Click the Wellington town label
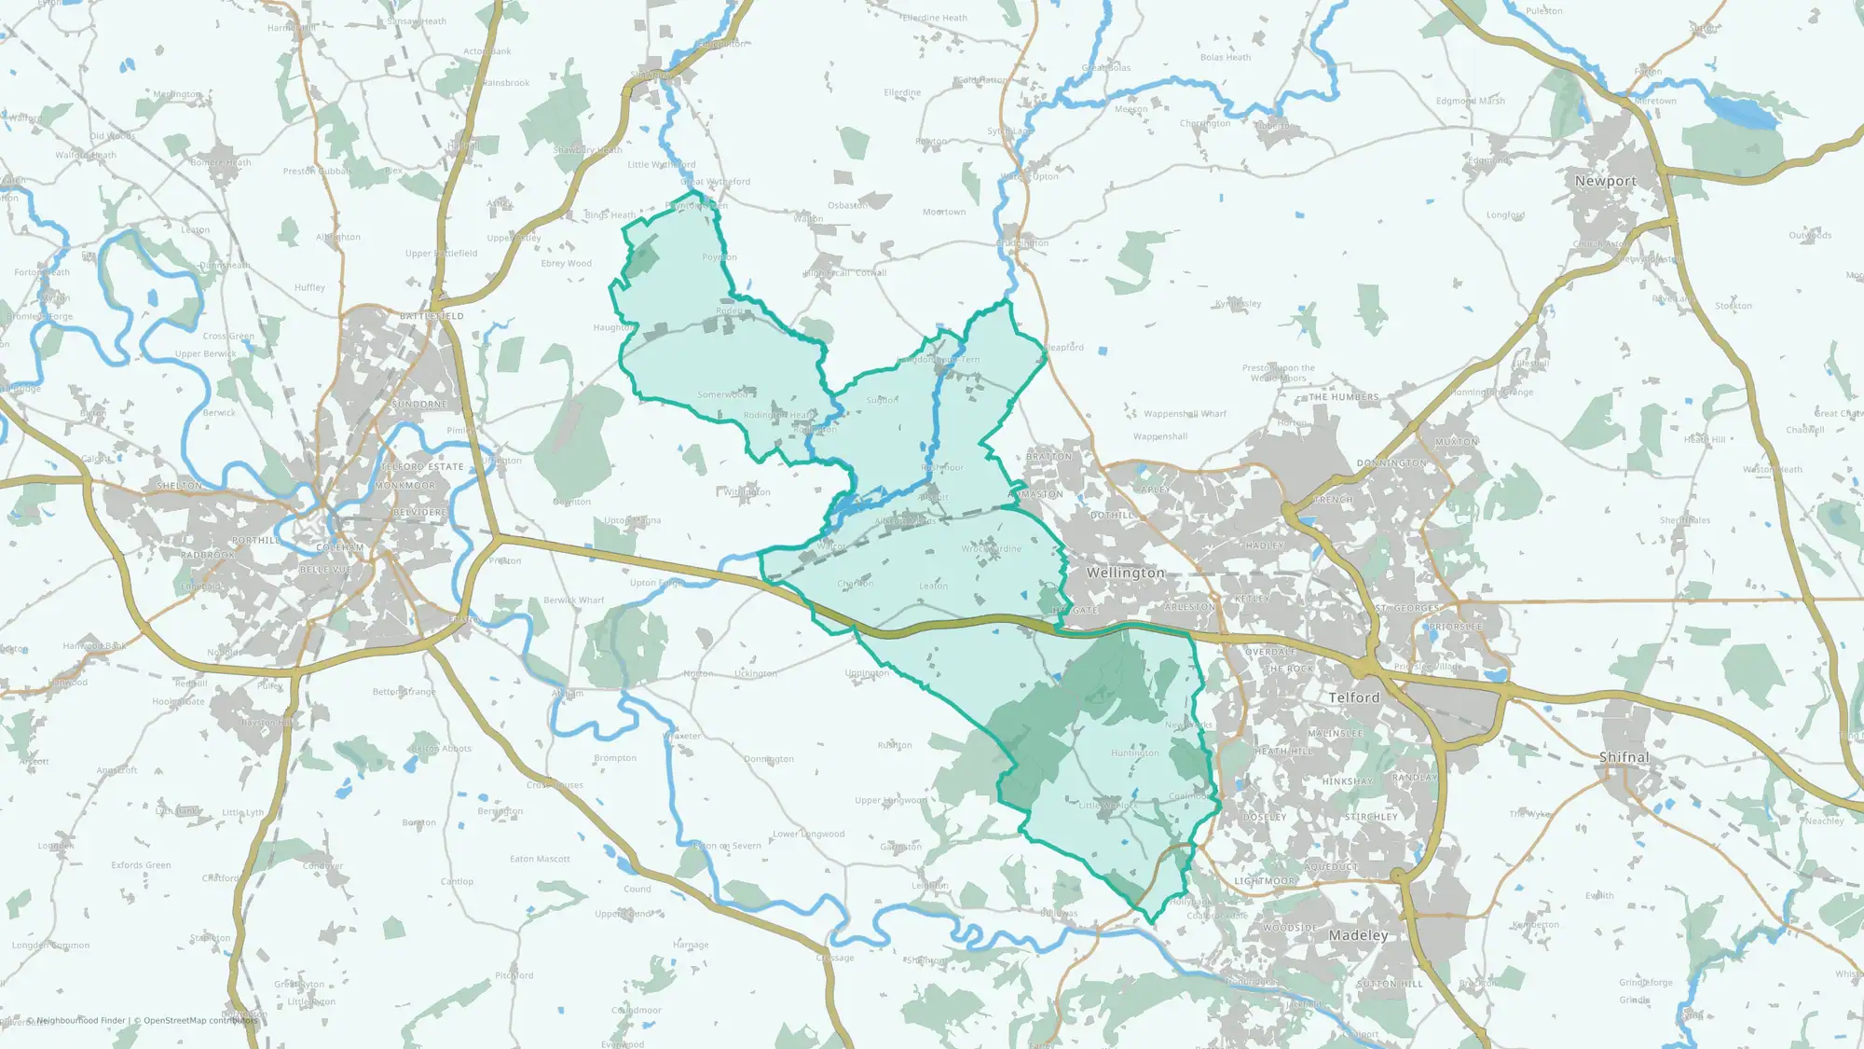[x=1125, y=573]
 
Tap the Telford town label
[x=1353, y=697]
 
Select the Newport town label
[x=1605, y=181]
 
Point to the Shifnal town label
[x=1624, y=757]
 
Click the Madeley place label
[x=1358, y=935]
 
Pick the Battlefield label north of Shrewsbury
[x=432, y=317]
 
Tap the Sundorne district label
[x=419, y=405]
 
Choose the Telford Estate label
[x=422, y=467]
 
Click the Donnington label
[x=1391, y=463]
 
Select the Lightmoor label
[x=1264, y=881]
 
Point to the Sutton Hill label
[x=1389, y=984]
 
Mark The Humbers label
[x=1343, y=397]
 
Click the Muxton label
[x=1456, y=442]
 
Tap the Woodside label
[x=1289, y=929]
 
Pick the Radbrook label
[x=208, y=555]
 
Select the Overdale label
[x=1269, y=652]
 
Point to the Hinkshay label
[x=1347, y=781]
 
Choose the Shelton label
[x=179, y=486]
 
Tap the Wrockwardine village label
[x=991, y=549]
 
